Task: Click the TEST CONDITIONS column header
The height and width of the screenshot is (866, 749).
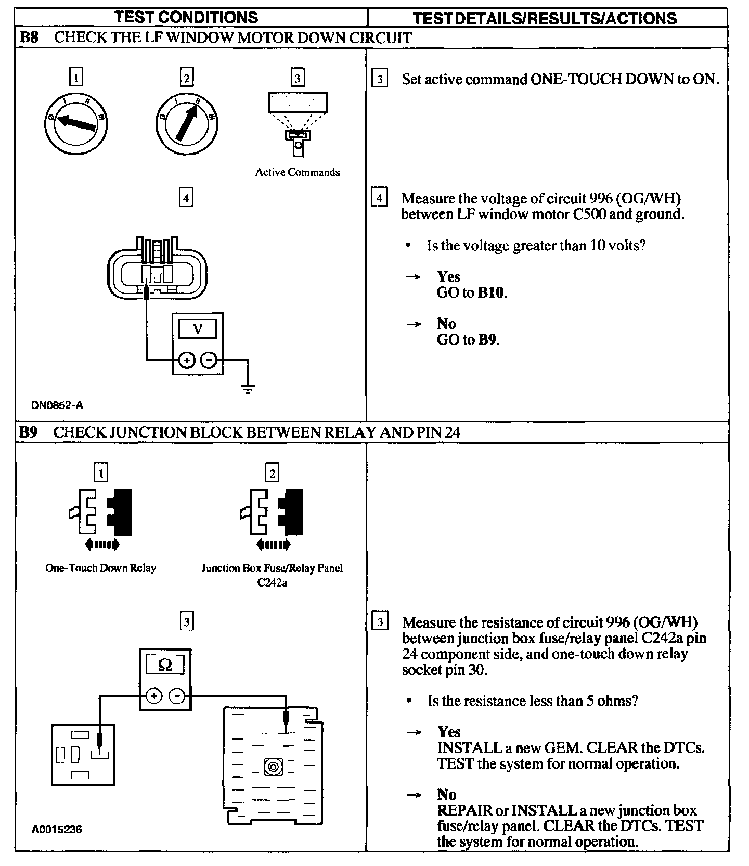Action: [186, 17]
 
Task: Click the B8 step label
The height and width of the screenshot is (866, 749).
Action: [29, 37]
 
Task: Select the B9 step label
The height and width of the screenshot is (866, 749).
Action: [29, 432]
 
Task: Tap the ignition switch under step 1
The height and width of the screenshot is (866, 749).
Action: [76, 123]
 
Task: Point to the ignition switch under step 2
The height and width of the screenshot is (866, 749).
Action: [187, 123]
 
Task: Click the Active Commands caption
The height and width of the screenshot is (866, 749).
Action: [297, 172]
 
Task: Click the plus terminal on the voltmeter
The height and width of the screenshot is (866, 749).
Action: [187, 360]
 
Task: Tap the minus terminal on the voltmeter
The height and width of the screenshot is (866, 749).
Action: [209, 360]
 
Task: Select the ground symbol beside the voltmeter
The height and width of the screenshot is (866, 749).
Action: [248, 388]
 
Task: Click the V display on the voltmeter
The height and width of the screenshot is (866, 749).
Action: [198, 328]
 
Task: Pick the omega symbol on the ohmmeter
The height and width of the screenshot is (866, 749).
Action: [165, 665]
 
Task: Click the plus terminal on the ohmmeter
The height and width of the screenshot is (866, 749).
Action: [154, 695]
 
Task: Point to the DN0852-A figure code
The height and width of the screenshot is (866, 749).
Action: [57, 405]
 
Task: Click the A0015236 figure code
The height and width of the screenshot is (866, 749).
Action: [57, 829]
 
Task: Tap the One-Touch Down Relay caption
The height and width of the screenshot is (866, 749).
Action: [100, 568]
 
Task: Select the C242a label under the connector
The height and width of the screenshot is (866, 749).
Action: [272, 582]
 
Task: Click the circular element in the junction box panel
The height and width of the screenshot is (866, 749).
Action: [273, 767]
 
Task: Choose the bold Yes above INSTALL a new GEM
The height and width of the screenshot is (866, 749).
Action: [449, 732]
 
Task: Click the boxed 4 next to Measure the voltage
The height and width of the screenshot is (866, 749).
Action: [380, 198]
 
